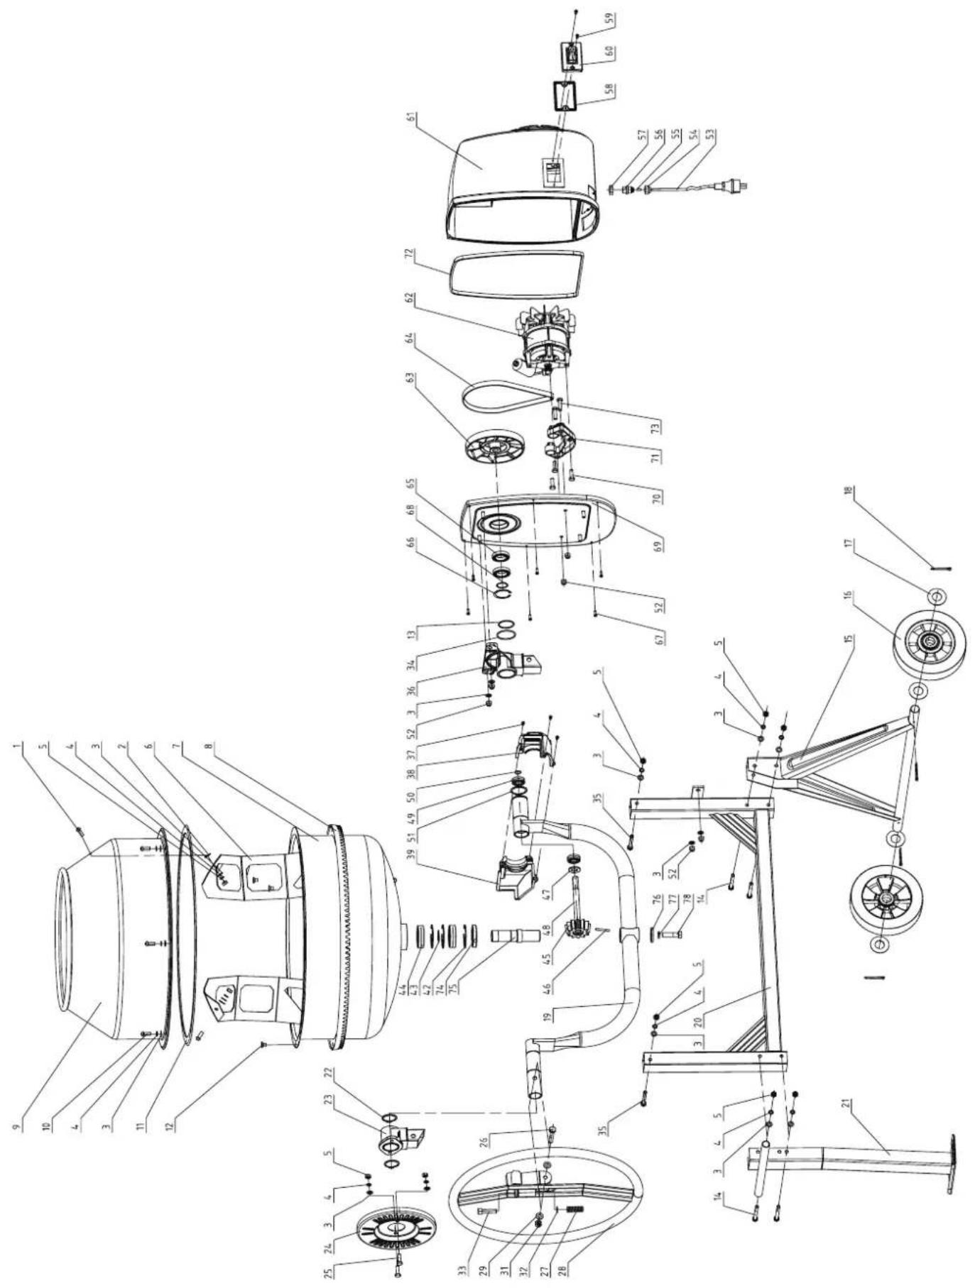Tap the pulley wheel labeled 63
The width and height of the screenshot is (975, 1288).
point(493,446)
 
